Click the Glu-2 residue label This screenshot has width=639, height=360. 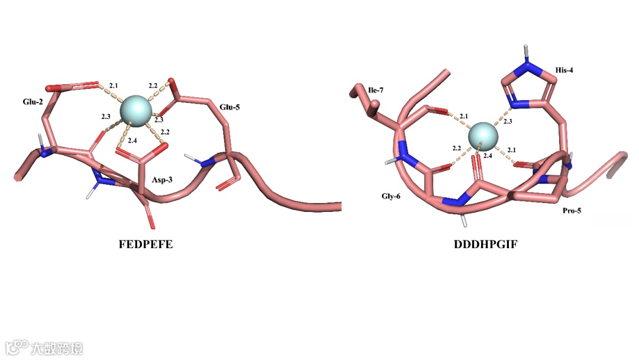click(33, 101)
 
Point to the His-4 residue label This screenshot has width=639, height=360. click(564, 70)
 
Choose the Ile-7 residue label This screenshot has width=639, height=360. click(376, 90)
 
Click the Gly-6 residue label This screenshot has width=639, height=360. click(390, 195)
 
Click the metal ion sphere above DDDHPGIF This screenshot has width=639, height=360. click(483, 136)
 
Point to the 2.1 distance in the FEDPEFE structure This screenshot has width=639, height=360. click(114, 86)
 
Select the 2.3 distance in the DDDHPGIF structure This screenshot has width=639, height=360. click(508, 121)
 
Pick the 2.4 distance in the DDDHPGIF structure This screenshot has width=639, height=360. click(488, 156)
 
